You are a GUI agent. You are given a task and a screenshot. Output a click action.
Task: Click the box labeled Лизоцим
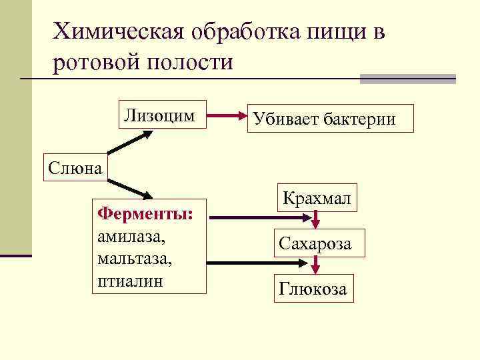160,115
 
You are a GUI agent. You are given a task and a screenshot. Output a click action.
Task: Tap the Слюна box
74,167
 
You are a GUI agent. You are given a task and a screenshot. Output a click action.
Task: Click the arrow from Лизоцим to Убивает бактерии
227,116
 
